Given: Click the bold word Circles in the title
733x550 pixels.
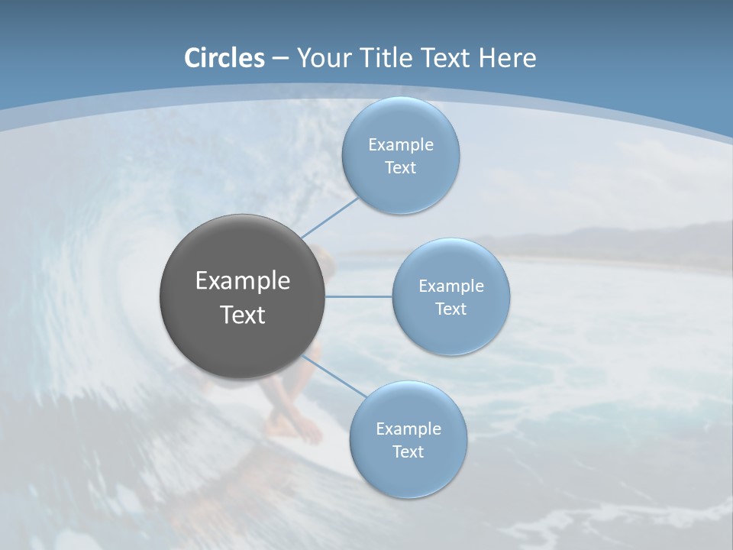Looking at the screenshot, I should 224,58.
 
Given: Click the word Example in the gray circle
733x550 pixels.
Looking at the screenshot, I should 243,281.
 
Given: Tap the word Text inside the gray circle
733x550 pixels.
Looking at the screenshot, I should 243,315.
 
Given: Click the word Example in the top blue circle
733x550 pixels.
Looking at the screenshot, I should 400,145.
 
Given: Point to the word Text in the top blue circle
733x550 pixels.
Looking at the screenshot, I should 400,168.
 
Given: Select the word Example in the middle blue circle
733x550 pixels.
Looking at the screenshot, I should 451,286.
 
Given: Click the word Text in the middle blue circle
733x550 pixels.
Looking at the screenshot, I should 451,309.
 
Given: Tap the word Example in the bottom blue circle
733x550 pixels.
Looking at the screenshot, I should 408,429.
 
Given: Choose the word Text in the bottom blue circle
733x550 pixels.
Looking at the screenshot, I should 408,452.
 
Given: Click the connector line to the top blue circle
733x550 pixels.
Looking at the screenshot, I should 330,217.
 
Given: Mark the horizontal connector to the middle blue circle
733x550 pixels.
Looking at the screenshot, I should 358,296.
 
